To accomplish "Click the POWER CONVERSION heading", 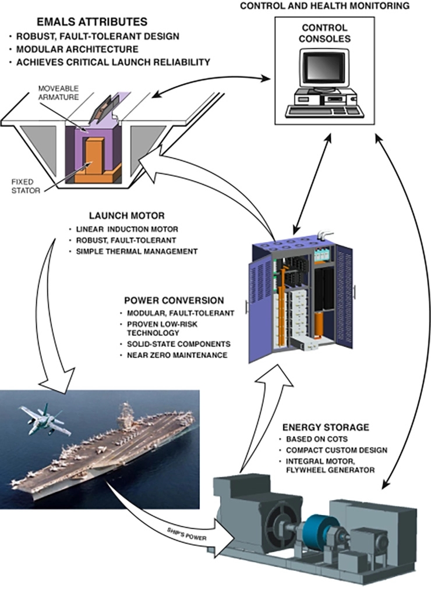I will click(174, 300).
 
